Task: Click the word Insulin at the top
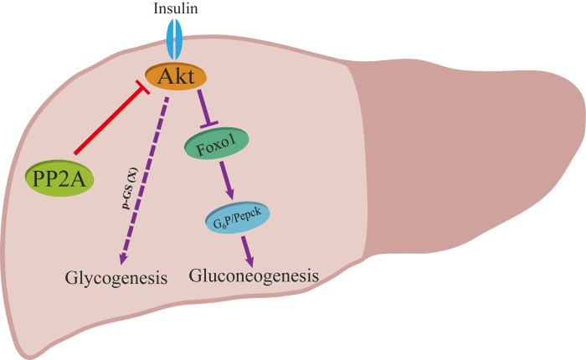click(176, 8)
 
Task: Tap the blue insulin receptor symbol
click(176, 39)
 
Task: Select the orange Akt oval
click(176, 77)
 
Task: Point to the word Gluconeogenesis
click(254, 275)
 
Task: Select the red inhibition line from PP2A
click(109, 123)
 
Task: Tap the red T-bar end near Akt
click(144, 92)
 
